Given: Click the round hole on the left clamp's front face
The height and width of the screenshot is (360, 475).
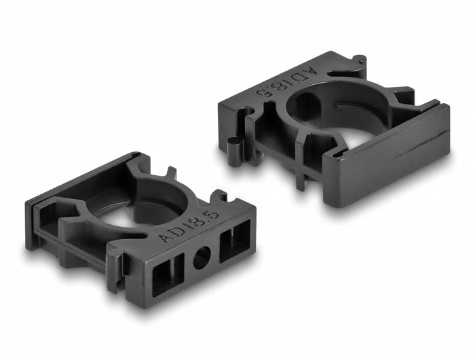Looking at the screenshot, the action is tap(202, 258).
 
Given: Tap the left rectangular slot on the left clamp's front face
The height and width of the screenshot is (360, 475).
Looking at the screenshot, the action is tap(168, 274).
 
